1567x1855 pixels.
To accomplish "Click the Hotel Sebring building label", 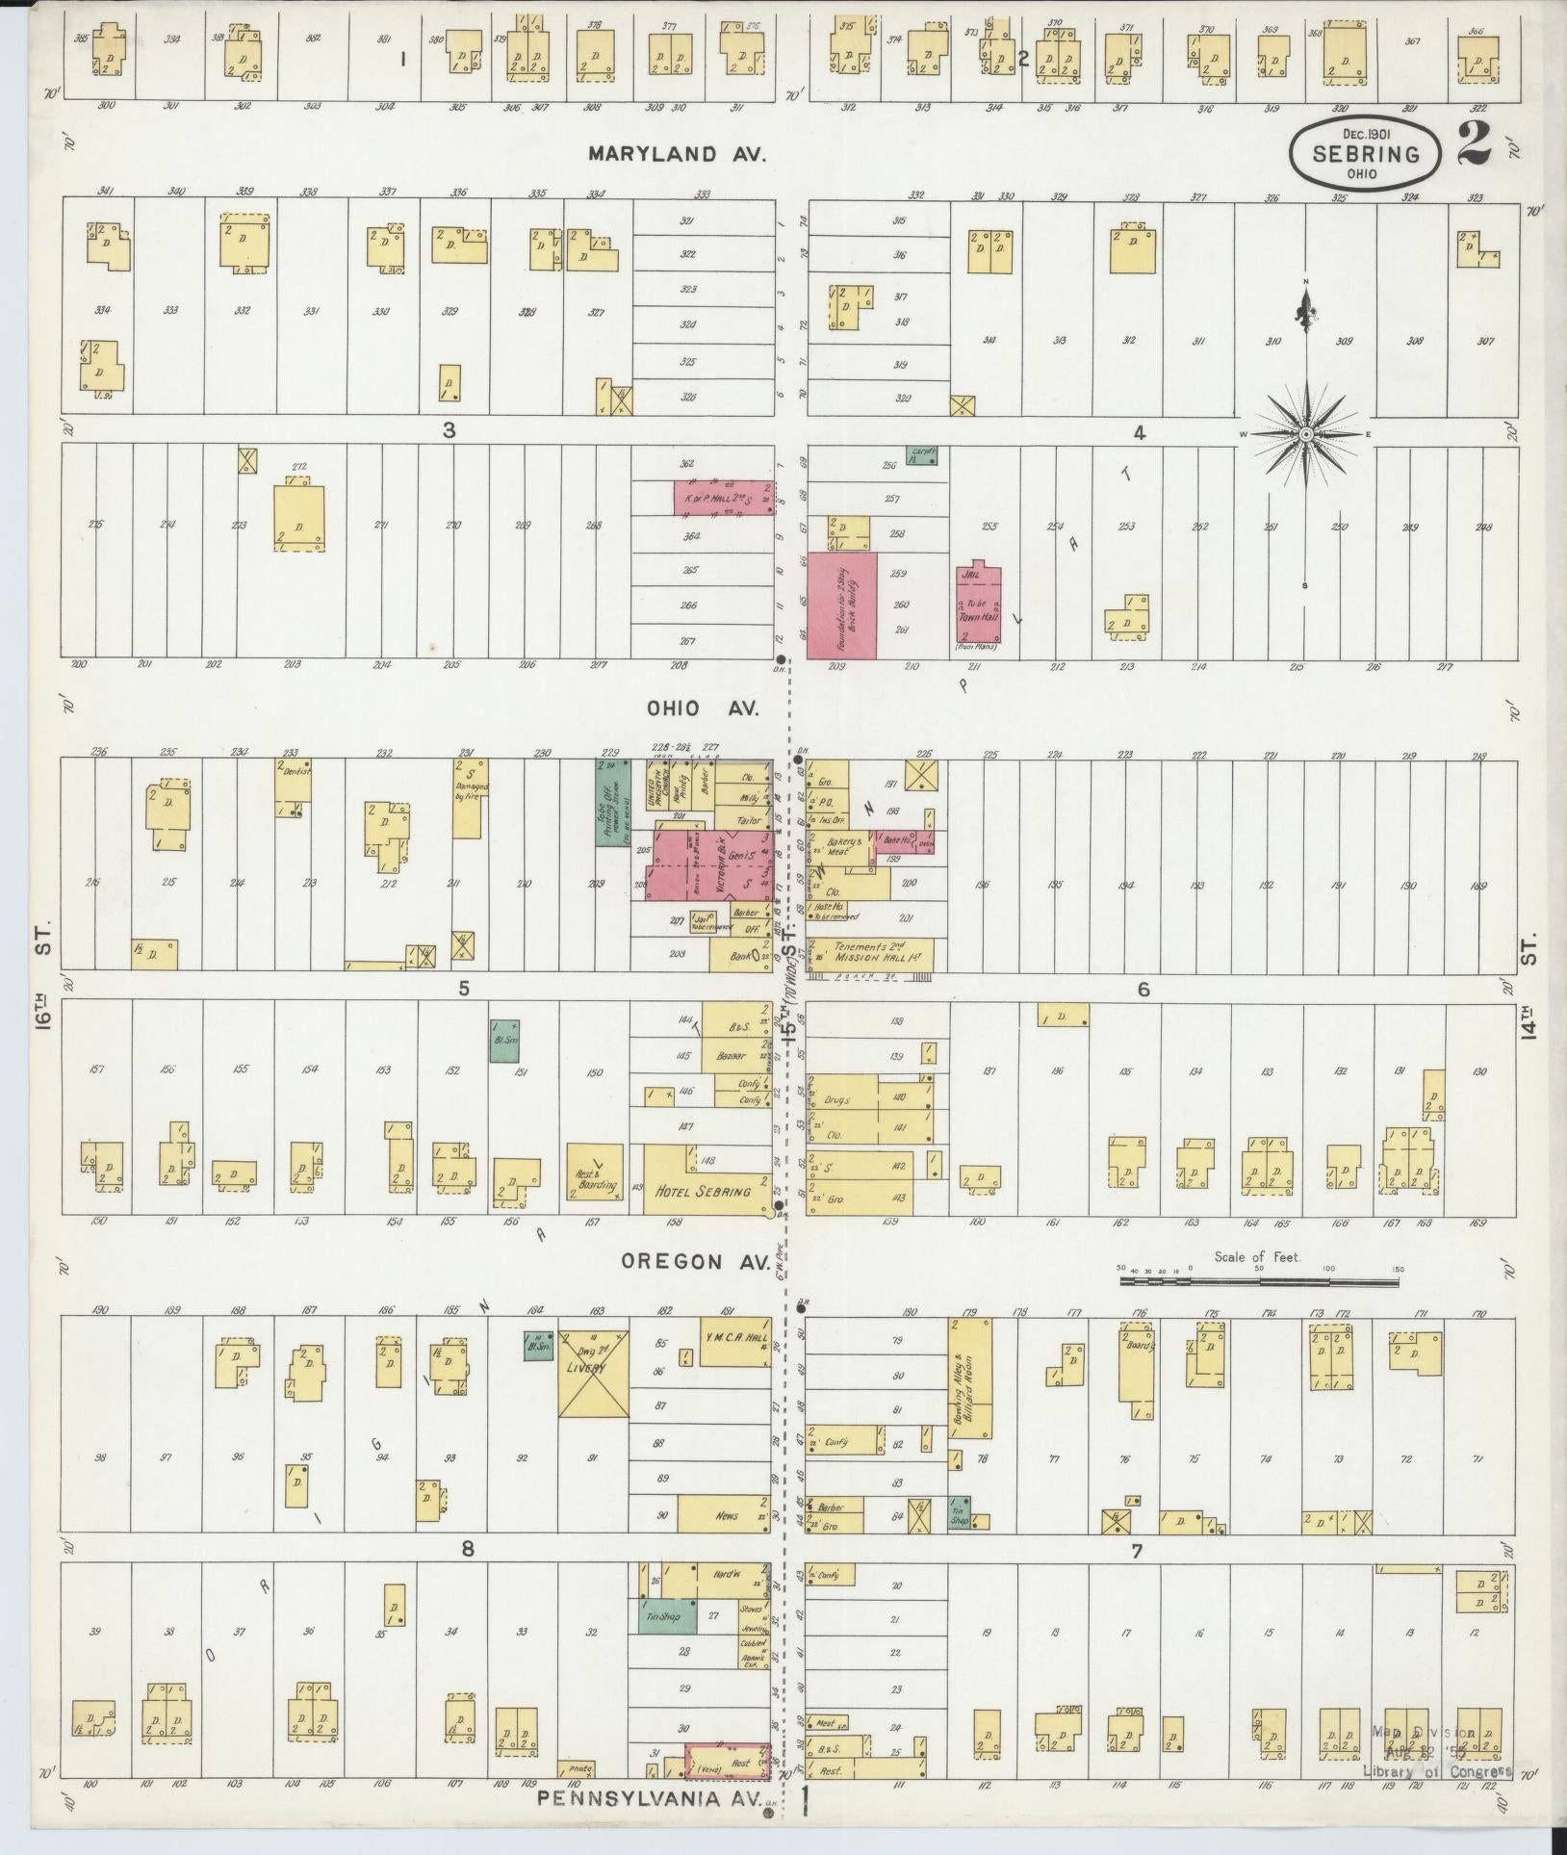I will click(x=703, y=1191).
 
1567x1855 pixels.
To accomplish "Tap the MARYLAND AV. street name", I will click(x=679, y=154).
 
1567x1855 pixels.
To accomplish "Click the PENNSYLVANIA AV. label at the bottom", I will click(x=649, y=1796).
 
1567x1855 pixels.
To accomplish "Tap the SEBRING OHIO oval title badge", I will click(x=1366, y=154).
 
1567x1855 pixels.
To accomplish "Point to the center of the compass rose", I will click(x=1306, y=435).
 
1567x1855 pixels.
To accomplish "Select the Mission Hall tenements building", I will click(x=870, y=953).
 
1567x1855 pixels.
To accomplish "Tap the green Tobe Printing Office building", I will click(x=612, y=802).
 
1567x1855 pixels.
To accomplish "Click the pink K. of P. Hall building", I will click(x=723, y=499).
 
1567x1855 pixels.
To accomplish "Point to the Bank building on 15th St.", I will click(x=740, y=955).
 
